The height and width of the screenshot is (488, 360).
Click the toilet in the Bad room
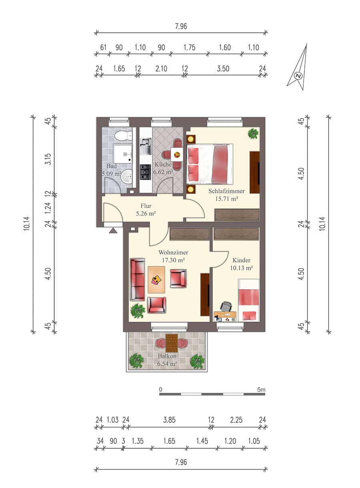[124, 136]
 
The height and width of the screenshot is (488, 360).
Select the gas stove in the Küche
[146, 172]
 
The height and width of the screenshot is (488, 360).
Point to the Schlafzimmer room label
[226, 191]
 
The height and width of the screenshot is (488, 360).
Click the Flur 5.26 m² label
[146, 209]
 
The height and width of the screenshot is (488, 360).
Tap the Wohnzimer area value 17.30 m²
[173, 260]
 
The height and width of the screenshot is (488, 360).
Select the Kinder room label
[241, 260]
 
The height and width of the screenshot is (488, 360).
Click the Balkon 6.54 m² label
[167, 360]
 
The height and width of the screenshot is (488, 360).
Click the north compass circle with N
[298, 76]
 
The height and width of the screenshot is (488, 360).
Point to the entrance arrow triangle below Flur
[113, 231]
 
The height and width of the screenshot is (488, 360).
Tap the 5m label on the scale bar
[261, 390]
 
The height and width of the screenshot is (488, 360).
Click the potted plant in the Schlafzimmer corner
[253, 133]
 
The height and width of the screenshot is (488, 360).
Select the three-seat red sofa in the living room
[137, 279]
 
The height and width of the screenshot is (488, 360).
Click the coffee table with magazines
[156, 280]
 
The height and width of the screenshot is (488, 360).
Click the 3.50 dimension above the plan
[223, 69]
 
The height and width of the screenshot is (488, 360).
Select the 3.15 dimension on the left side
[48, 159]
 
